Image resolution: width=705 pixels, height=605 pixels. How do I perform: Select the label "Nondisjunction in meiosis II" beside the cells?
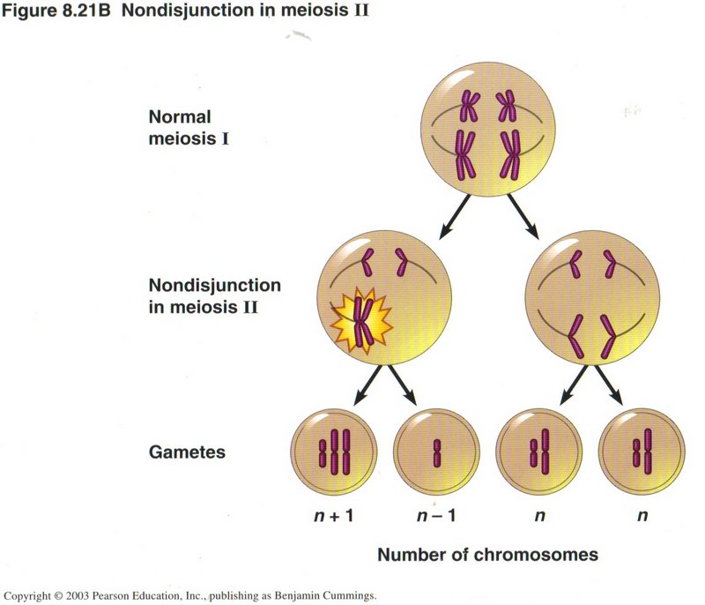(x=215, y=296)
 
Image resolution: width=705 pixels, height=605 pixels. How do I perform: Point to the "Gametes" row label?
(x=186, y=452)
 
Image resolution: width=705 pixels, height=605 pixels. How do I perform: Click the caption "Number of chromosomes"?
(x=487, y=555)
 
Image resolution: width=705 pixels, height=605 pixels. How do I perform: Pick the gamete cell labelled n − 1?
(x=436, y=451)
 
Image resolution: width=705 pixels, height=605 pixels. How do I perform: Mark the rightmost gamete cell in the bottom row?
(x=642, y=451)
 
